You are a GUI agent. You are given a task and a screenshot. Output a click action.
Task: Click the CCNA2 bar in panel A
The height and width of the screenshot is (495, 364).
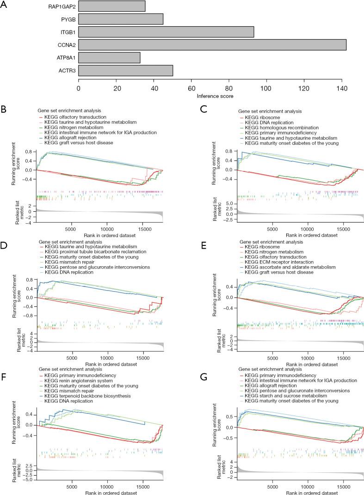pos(212,45)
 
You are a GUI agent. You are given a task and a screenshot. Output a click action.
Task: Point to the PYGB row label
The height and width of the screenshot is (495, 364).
pos(68,19)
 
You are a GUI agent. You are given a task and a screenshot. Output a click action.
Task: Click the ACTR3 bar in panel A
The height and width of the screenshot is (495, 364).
pos(125,70)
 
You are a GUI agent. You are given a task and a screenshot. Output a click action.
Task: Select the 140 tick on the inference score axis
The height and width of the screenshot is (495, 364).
pos(342,88)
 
